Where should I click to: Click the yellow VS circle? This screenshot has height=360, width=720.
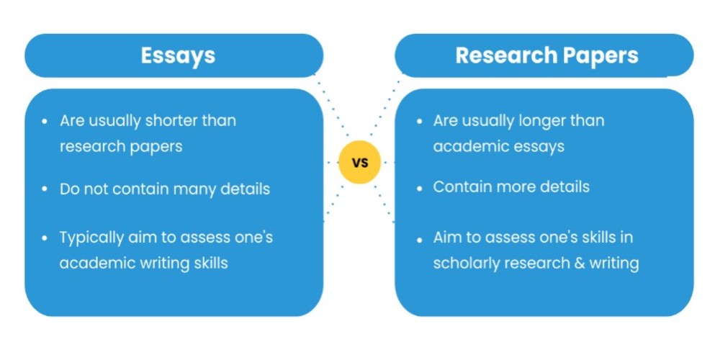(360, 163)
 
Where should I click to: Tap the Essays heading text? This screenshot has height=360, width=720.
(178, 55)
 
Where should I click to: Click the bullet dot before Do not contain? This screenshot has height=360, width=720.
(46, 190)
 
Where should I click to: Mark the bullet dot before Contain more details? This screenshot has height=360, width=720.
(420, 187)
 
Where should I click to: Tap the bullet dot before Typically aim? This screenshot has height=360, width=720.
(46, 238)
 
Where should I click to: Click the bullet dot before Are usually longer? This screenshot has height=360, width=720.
(420, 121)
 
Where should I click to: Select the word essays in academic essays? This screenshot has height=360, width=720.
(539, 145)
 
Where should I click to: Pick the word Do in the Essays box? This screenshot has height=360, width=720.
(70, 189)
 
